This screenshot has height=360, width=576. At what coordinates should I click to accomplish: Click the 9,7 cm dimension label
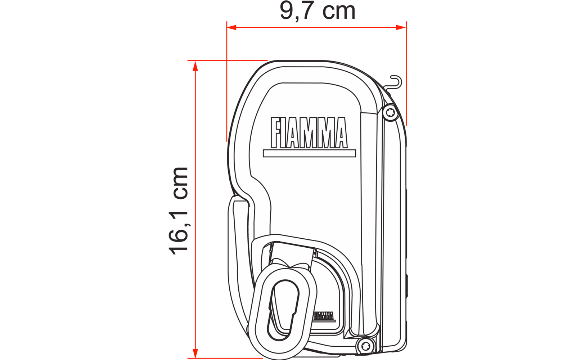click(318, 11)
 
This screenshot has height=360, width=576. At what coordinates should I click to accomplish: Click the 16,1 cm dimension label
click(179, 211)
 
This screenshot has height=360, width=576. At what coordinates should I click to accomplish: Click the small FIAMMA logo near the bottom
click(323, 316)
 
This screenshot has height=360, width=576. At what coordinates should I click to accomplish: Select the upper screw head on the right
click(390, 113)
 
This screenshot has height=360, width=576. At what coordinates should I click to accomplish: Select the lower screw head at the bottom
click(365, 346)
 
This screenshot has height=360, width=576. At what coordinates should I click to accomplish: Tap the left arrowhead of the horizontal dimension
click(231, 27)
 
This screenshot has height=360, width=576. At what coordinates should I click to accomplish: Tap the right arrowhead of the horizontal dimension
click(401, 27)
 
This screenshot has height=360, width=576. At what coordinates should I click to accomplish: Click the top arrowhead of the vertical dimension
click(195, 66)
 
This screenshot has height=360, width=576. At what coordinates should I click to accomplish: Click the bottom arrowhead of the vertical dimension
click(195, 353)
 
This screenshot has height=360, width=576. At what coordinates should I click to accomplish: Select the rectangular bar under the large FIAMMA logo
click(309, 153)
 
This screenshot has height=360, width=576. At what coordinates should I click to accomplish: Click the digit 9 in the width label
click(287, 11)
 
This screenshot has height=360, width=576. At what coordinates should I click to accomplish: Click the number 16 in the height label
click(179, 239)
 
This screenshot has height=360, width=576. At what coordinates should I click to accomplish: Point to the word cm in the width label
click(338, 12)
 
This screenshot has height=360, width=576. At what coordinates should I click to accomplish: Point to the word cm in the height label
click(180, 183)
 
